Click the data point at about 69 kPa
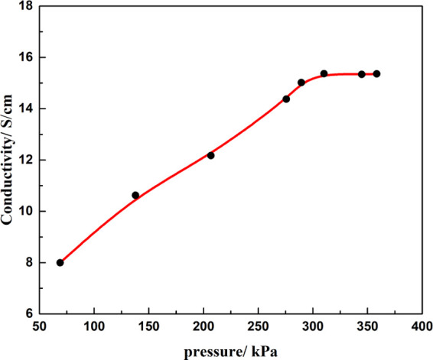click(60, 262)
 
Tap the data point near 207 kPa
click(210, 155)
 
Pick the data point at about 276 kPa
click(286, 99)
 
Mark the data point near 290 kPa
click(301, 83)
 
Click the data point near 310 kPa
click(324, 73)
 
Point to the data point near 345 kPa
click(362, 74)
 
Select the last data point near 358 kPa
click(376, 73)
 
